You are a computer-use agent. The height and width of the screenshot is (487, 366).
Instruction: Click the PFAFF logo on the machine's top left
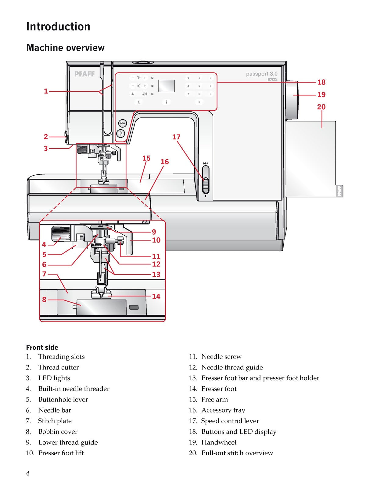click(84, 74)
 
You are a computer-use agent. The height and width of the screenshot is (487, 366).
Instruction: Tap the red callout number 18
click(321, 82)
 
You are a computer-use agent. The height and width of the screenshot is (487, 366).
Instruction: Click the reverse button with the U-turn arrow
click(121, 134)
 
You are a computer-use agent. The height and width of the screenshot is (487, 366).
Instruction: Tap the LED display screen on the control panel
click(166, 86)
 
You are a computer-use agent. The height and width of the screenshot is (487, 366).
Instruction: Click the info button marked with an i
click(167, 102)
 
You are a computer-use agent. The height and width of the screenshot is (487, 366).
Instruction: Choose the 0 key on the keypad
click(199, 102)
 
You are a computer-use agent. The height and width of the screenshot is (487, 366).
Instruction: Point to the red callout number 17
click(176, 137)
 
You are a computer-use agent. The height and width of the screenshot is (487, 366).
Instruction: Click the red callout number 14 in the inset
click(156, 296)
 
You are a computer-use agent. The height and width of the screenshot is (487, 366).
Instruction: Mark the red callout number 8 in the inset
click(44, 300)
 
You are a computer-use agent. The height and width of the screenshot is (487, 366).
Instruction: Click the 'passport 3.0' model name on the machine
click(262, 74)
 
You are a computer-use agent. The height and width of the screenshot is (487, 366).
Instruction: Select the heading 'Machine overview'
click(65, 48)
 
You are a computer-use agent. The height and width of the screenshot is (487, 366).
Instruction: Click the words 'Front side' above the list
click(42, 347)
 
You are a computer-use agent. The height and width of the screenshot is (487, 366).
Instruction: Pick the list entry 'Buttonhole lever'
click(63, 399)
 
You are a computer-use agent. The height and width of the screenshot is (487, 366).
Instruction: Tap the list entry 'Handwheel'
click(219, 442)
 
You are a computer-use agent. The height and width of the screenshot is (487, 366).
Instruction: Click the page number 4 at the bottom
click(27, 473)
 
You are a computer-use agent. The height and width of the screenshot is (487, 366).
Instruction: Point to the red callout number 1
click(46, 91)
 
